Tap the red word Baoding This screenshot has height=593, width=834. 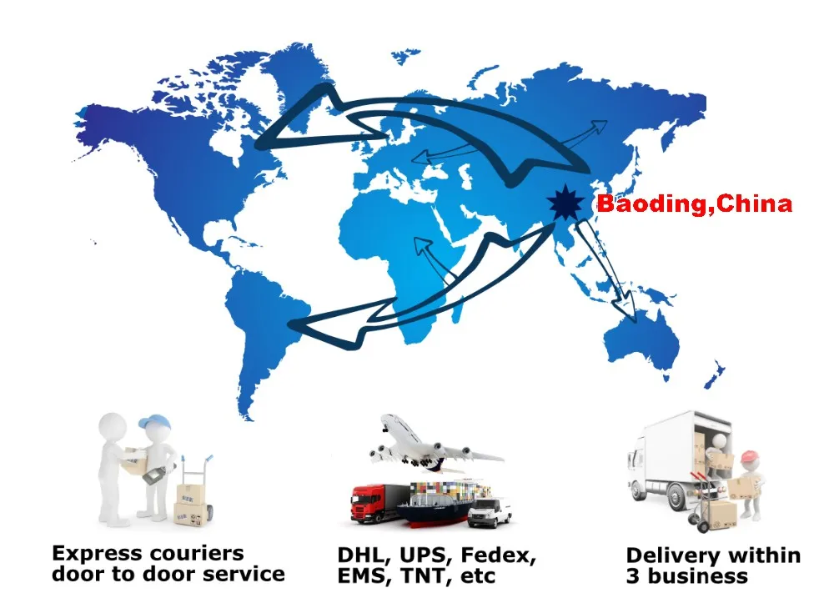pyautogui.click(x=647, y=204)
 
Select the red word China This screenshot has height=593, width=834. pyautogui.click(x=754, y=204)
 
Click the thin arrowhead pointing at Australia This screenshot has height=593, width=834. pyautogui.click(x=633, y=314)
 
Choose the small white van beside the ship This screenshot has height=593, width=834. pyautogui.click(x=490, y=512)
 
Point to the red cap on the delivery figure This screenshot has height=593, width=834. pyautogui.click(x=751, y=455)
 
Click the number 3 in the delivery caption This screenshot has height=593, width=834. pyautogui.click(x=634, y=576)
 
